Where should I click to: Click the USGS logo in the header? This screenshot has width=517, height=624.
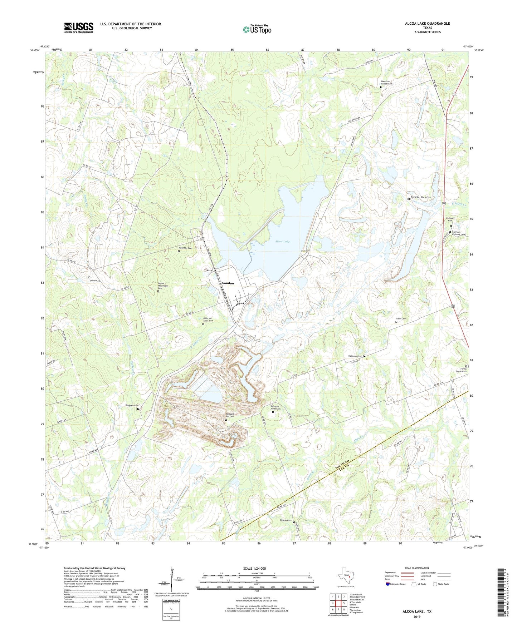[x=79, y=27]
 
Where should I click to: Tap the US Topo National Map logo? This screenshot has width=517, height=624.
[x=257, y=29]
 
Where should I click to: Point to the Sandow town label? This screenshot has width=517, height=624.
[x=228, y=283]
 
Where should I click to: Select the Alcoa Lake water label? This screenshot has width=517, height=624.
[x=282, y=242]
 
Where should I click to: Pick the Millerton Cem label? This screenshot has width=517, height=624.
[x=185, y=248]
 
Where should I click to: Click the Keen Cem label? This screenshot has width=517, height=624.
[x=401, y=319]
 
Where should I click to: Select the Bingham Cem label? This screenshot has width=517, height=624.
[x=132, y=406]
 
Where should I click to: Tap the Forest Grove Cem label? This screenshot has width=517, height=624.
[x=461, y=370]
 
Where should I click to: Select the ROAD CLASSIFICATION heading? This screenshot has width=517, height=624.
[x=416, y=568]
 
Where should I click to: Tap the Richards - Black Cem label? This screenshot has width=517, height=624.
[x=421, y=197]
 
